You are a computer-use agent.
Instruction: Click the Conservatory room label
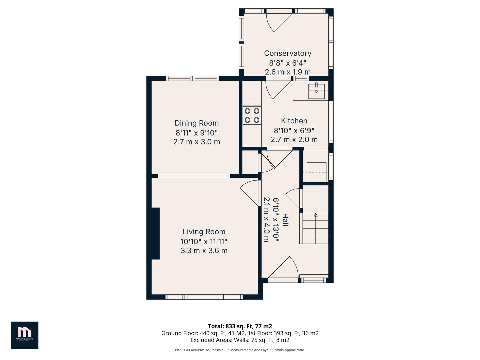click(287, 53)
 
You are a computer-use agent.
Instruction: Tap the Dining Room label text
click(197, 123)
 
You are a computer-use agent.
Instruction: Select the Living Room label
click(204, 232)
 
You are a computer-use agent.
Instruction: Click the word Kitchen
click(294, 121)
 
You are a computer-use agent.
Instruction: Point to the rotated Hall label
click(285, 220)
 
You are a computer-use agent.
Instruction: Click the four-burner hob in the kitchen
click(252, 115)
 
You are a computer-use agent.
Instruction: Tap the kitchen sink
click(316, 91)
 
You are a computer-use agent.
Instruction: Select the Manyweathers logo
click(24, 335)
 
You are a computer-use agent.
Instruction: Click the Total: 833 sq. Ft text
click(240, 326)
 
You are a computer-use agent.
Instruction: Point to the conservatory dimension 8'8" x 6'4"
click(287, 63)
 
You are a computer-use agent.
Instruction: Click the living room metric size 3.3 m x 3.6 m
click(204, 250)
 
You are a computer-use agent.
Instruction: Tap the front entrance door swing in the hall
click(283, 268)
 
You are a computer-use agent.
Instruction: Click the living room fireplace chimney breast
click(156, 233)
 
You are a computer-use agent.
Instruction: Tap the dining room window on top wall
click(193, 78)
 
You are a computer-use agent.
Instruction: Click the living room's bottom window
click(204, 297)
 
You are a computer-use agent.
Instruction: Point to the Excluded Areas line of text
click(240, 340)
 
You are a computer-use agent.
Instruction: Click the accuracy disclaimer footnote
click(240, 350)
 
